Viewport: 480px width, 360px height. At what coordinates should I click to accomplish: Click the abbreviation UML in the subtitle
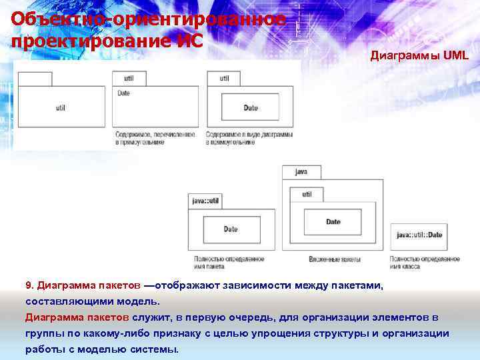pos(456,56)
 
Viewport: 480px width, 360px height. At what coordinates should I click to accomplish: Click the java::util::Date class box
pos(419,235)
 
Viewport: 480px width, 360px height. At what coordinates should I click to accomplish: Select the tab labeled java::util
pos(205,200)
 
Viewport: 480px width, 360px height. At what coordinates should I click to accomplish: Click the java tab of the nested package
pos(301,172)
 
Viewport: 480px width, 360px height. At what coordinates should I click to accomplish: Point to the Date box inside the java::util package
pos(231,229)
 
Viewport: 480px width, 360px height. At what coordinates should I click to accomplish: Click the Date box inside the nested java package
pos(333,222)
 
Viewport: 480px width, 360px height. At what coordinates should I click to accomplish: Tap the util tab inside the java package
pos(306,195)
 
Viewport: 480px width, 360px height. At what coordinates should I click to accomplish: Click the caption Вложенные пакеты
pos(335,259)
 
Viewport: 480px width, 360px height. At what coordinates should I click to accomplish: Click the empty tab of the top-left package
pos(34,79)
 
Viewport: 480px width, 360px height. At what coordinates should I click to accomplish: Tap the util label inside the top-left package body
pos(61,107)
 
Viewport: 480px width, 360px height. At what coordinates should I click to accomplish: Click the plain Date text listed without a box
pos(124,93)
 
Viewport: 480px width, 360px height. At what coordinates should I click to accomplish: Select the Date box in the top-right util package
pos(251,108)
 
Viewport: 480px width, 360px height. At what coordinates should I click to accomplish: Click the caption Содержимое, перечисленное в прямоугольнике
pos(154,138)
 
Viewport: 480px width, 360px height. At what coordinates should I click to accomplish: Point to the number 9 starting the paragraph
pos(28,286)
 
